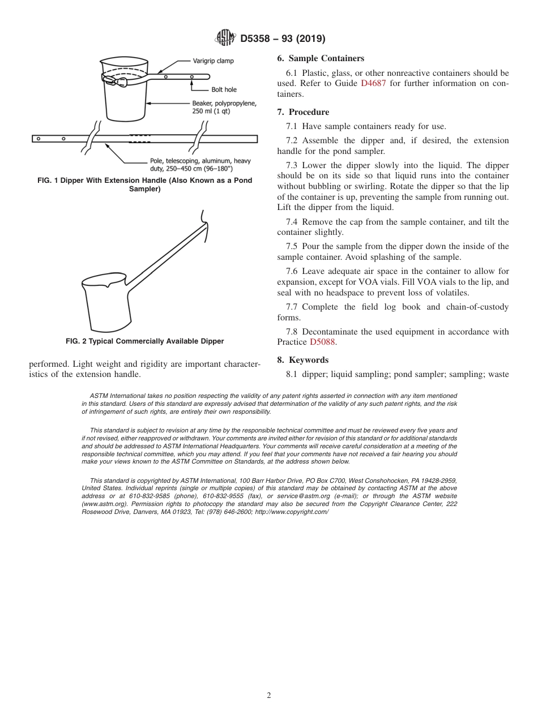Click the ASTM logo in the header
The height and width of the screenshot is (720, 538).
pos(225,38)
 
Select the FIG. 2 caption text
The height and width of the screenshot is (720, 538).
pos(144,341)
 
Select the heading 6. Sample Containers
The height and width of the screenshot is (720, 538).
pos(321,58)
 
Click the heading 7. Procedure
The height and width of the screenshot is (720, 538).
pos(303,112)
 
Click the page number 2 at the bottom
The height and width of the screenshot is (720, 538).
pos(269,696)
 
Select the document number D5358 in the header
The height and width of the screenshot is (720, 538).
pos(258,39)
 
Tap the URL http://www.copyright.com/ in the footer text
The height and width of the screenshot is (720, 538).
pos(292,512)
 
